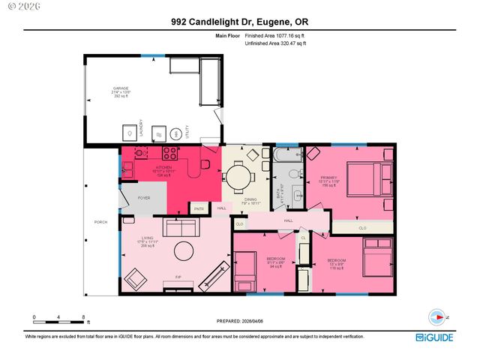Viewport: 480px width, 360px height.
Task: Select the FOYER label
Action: [x=144, y=198]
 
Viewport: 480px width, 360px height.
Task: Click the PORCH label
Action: [x=100, y=223]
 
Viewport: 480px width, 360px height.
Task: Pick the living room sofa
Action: [x=181, y=227]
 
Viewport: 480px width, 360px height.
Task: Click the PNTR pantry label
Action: [x=199, y=208]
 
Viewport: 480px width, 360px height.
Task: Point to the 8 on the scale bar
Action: [x=83, y=317]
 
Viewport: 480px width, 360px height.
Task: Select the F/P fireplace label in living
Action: [x=178, y=277]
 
